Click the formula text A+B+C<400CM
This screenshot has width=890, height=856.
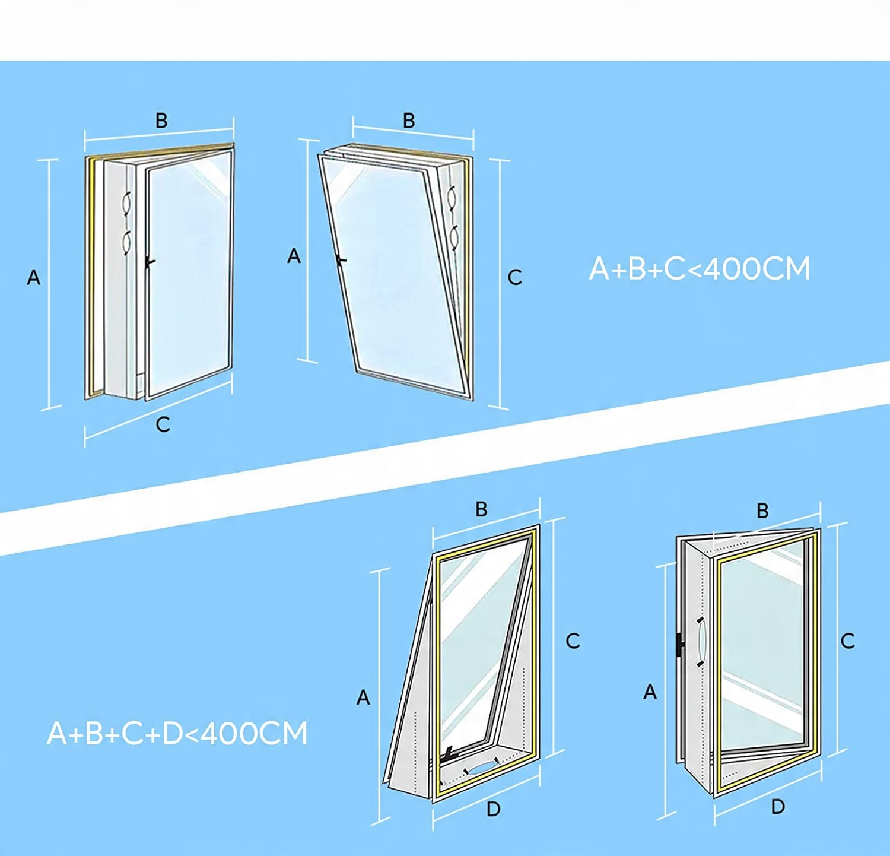click(x=699, y=269)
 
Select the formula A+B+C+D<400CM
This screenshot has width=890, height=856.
click(x=177, y=733)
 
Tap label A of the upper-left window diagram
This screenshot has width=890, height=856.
click(x=34, y=277)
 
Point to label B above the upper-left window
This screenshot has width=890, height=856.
click(x=161, y=121)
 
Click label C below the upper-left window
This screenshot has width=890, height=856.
click(x=163, y=424)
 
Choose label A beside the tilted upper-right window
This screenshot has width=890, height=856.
click(x=294, y=256)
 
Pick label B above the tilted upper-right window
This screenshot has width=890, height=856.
click(x=409, y=121)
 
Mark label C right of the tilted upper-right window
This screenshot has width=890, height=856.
click(x=514, y=277)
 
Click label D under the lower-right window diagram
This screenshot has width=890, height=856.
click(x=778, y=806)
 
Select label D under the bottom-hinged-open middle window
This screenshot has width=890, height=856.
click(x=493, y=809)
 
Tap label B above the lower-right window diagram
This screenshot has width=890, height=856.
click(x=762, y=511)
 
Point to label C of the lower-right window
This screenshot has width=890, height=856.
click(x=848, y=641)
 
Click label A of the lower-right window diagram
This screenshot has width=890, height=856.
click(x=650, y=692)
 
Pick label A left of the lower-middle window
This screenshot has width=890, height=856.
click(x=363, y=697)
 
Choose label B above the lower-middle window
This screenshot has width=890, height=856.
click(x=481, y=509)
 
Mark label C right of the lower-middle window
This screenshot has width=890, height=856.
click(x=573, y=641)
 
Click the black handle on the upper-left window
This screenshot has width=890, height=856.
click(x=150, y=261)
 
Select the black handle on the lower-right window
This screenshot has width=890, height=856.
click(x=680, y=644)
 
